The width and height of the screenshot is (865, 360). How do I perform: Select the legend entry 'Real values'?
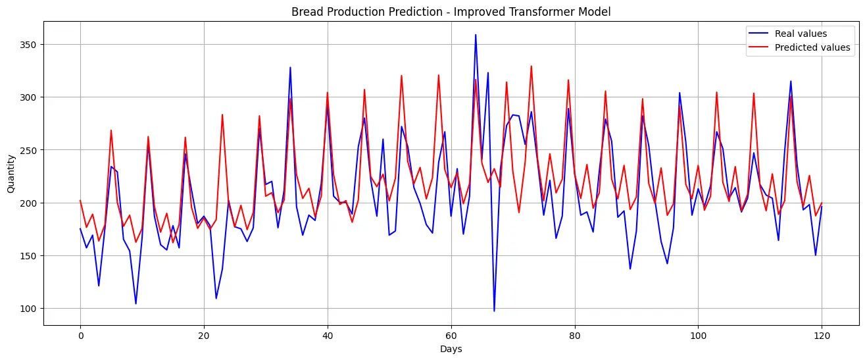[801, 34]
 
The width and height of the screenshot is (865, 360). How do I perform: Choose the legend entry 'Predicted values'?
[812, 47]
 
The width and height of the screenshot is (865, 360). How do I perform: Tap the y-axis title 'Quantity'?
[11, 174]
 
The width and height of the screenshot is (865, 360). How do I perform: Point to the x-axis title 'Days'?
[451, 349]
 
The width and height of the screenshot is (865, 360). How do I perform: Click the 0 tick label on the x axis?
[80, 335]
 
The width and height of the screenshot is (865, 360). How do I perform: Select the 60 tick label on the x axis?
[451, 335]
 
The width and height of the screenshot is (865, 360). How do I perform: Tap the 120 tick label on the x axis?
[822, 335]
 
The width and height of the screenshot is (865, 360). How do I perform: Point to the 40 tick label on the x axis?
[328, 335]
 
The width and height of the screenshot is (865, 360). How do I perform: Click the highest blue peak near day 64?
[476, 35]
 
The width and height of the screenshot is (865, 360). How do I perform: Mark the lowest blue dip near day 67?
[494, 311]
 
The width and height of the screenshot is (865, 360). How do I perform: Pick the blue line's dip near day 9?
[136, 303]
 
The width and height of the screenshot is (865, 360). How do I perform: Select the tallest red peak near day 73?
[531, 66]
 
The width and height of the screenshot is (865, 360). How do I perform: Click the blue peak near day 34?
[290, 67]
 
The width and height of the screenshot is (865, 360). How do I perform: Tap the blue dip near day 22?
[216, 298]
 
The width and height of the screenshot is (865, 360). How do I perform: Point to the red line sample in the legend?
[758, 47]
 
